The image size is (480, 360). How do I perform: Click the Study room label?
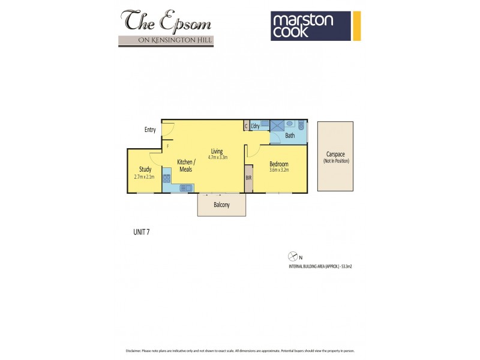[145, 169]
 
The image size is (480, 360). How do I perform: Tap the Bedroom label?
[278, 164]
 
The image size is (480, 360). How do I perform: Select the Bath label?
[290, 136]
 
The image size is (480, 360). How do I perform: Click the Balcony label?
[221, 205]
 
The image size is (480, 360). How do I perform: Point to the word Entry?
[150, 130]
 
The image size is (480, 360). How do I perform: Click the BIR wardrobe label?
[248, 179]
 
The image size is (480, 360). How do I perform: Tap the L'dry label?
[255, 125]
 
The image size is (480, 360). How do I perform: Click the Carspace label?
[335, 154]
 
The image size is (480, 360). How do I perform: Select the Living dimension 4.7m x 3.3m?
[217, 158]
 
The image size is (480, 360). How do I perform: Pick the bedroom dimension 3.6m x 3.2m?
[278, 170]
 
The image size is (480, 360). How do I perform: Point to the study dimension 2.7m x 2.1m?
[145, 176]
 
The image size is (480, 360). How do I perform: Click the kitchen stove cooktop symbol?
[167, 178]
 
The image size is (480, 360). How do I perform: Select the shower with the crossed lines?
[277, 125]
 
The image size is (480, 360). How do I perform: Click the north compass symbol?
[293, 255]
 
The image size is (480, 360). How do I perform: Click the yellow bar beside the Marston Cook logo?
[356, 26]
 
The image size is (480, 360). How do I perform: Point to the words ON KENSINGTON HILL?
[167, 40]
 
